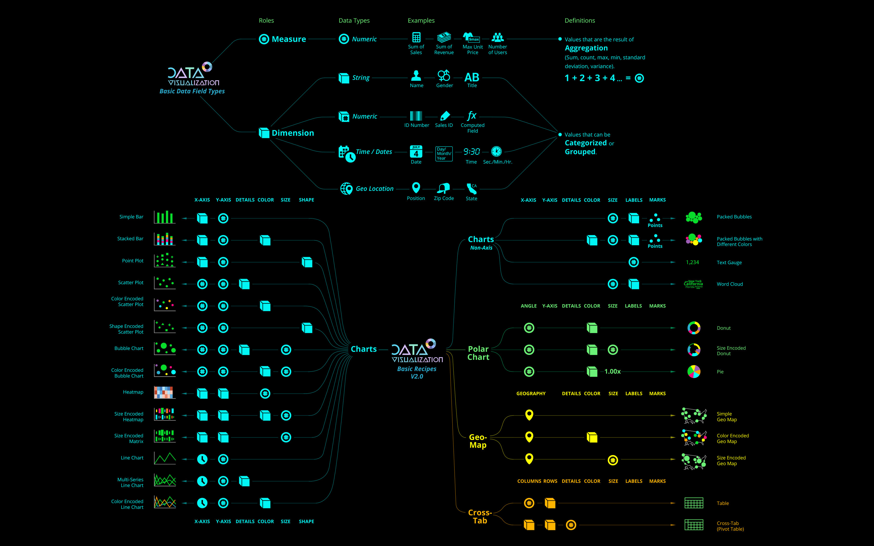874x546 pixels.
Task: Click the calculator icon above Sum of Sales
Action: click(x=416, y=37)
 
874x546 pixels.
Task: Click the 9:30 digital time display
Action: click(x=472, y=152)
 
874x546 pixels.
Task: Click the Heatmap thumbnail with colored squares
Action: click(x=164, y=393)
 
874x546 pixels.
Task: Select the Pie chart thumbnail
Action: click(x=694, y=372)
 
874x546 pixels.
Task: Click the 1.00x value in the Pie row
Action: click(x=613, y=372)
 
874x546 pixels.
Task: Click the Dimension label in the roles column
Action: click(x=293, y=133)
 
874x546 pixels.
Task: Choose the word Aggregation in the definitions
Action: click(x=586, y=48)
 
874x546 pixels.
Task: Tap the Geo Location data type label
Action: click(x=375, y=189)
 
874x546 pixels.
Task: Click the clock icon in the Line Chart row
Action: click(x=202, y=459)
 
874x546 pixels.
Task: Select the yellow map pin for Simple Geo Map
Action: click(x=529, y=414)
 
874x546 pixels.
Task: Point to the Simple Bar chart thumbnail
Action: click(x=164, y=217)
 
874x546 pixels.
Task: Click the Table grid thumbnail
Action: click(x=694, y=503)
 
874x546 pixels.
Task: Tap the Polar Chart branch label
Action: click(x=478, y=353)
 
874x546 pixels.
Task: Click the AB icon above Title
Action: click(x=472, y=77)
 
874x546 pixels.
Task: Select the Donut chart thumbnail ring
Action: click(x=694, y=328)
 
